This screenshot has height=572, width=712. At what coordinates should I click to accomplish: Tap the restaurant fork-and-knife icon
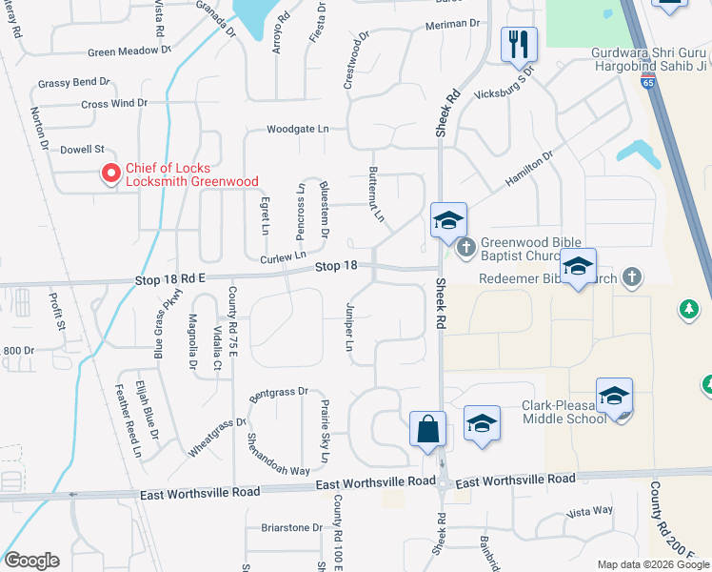519,45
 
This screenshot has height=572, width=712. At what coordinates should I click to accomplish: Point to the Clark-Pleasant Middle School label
563,411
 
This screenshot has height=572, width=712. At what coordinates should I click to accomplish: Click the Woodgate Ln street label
297,129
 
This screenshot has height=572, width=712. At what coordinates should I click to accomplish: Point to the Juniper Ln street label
349,329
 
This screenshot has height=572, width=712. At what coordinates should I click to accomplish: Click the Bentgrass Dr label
279,391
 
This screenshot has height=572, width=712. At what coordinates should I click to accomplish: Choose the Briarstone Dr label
292,527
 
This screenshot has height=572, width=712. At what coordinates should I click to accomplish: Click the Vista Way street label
589,511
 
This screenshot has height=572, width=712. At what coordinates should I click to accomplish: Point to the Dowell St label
81,150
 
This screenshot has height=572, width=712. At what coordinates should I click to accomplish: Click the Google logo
31,561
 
